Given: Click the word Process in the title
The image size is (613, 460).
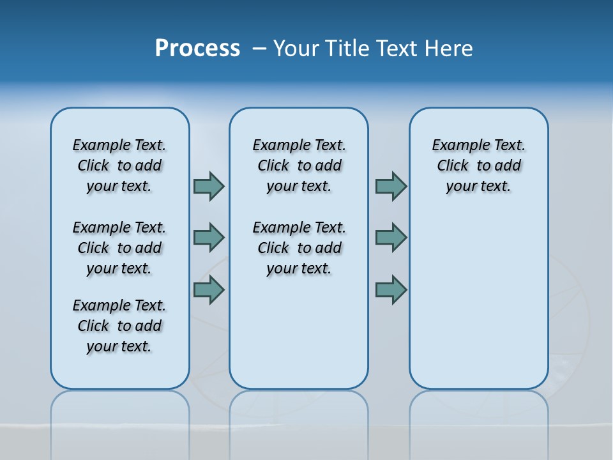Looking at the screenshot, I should [197, 49].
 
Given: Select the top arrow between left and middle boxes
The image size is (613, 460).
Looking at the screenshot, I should [208, 187].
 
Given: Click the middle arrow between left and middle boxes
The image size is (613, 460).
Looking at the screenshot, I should [208, 238].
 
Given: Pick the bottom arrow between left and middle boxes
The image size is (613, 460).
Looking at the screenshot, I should [208, 290].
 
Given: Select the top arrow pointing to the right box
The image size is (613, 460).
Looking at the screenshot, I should [390, 187].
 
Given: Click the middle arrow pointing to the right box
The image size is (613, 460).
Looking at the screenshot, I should [390, 238].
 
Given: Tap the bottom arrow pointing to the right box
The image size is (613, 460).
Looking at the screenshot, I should [390, 290].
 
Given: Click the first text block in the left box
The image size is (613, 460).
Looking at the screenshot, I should [119, 165].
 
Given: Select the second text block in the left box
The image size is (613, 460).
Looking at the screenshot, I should [119, 248].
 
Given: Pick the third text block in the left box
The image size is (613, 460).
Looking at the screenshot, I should [119, 326].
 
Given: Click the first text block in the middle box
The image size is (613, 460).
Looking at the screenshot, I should [299, 165].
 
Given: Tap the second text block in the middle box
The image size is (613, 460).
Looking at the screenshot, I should [299, 248].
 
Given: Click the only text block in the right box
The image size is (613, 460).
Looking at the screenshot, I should [478, 165].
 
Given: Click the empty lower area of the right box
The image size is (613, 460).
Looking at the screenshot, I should [478, 300].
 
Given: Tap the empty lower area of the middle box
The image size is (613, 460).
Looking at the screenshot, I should [299, 332].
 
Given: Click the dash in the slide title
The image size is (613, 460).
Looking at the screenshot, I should [259, 49].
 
